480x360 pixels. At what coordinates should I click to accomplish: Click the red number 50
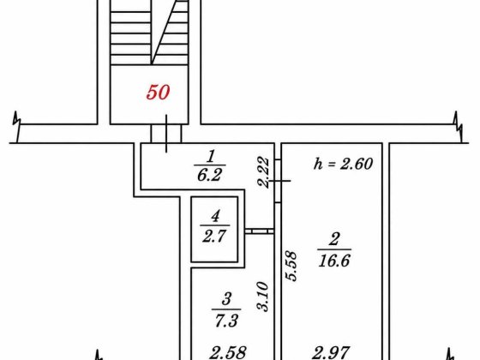coord(158,93)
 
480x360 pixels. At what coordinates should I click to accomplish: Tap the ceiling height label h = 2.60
coord(343,164)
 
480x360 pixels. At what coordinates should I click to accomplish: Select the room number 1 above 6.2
coord(211,156)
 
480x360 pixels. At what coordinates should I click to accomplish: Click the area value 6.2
coord(210,175)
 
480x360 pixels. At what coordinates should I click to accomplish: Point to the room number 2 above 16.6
coord(334,239)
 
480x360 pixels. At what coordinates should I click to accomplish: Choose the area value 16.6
coord(334,261)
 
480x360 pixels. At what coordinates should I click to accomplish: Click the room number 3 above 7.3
coord(226,299)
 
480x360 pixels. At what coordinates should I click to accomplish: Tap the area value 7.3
coord(226,321)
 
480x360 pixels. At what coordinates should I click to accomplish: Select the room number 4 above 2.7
coord(215,216)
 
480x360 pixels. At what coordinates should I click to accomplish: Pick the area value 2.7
coord(214,236)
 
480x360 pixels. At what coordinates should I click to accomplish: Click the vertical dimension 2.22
coord(263,171)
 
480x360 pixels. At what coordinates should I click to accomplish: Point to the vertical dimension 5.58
coord(291,266)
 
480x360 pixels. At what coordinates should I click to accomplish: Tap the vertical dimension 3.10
coord(262,297)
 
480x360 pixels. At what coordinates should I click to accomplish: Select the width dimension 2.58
coord(228,352)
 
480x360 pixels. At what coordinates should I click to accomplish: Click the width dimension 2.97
coord(331,352)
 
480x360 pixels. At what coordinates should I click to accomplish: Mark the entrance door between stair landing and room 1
coord(166,134)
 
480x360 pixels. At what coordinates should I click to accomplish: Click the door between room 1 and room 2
coord(278,181)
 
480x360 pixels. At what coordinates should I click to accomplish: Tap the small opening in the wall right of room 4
coord(260,231)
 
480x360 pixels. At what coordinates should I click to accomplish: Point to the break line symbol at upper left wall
coord(17,126)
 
